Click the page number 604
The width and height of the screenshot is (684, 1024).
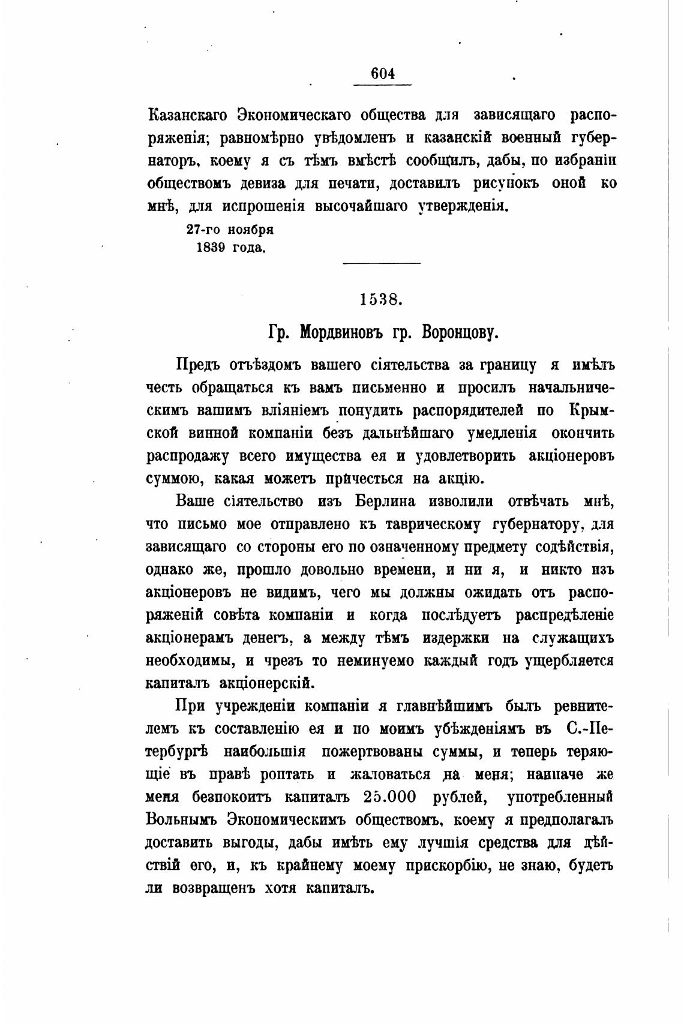click(382, 74)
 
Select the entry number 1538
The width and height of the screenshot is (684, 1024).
click(381, 299)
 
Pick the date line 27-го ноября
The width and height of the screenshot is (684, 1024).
click(230, 230)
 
